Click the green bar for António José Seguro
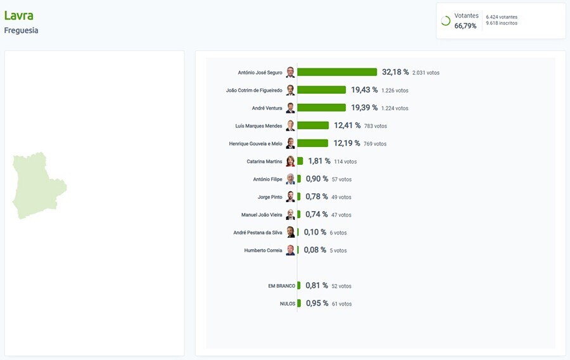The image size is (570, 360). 337,72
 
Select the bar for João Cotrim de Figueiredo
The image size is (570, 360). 322,90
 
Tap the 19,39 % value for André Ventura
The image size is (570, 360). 364,108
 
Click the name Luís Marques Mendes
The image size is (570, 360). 258,126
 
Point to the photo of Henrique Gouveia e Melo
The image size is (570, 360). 290,143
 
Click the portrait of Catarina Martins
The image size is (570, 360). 290,161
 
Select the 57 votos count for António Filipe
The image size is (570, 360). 341,179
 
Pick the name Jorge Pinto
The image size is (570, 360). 270,197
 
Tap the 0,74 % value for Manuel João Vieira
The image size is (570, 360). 317,215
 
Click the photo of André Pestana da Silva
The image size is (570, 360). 290,233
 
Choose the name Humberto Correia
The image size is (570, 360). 263,250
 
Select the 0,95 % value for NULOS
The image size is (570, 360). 317,304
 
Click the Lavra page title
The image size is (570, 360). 19,15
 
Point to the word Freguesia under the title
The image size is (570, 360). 21,30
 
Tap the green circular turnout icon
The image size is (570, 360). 445,21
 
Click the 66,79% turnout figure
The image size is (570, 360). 465,26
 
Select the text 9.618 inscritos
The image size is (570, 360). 502,23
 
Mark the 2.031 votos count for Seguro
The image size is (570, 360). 426,73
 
